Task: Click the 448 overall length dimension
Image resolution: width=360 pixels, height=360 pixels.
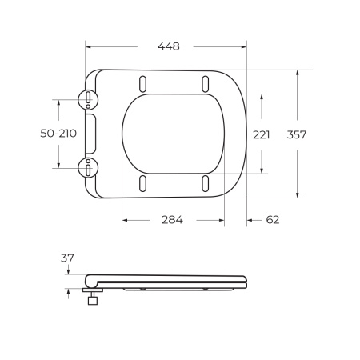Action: tap(168, 46)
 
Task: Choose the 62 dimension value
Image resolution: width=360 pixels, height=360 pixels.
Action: tap(272, 220)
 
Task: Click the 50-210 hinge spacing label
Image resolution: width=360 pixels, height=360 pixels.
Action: tap(58, 134)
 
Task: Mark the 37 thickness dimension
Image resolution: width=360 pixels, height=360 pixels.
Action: tap(66, 258)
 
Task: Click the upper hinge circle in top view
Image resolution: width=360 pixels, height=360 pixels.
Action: tap(86, 99)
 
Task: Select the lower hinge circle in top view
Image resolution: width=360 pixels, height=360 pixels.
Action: tap(86, 167)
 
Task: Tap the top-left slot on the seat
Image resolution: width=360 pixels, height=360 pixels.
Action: tap(143, 83)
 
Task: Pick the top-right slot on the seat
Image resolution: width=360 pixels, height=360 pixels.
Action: tap(206, 83)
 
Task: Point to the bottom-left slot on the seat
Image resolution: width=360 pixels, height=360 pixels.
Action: tap(143, 183)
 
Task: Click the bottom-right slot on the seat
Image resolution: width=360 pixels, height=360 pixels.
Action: tap(206, 183)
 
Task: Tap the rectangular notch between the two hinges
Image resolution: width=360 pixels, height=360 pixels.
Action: tap(91, 134)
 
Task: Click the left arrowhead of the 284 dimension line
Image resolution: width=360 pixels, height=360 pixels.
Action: tap(124, 220)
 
